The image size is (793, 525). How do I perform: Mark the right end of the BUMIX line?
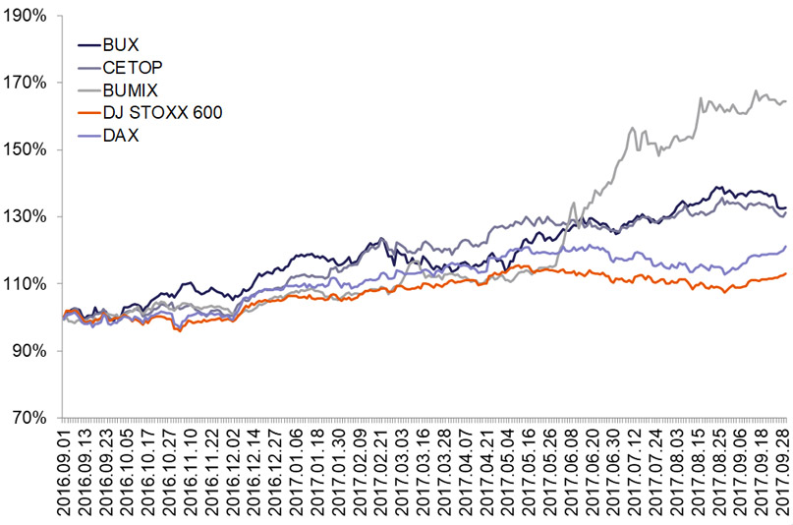786,100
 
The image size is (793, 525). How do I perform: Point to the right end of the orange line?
786,273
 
